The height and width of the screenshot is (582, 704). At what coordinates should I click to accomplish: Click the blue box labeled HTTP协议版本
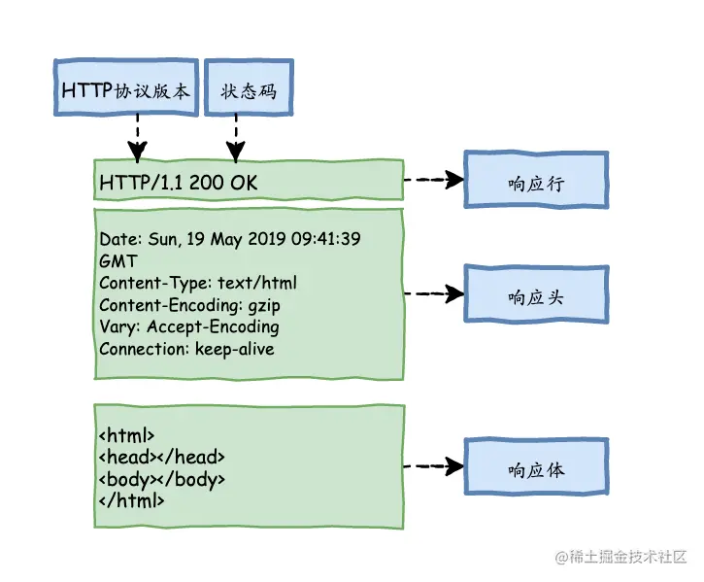coord(125,89)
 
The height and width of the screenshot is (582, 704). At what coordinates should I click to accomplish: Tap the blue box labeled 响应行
coord(535,181)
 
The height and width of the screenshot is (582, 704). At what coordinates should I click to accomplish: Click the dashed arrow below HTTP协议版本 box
coord(138,137)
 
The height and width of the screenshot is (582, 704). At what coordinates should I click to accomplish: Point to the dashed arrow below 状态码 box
coord(234,137)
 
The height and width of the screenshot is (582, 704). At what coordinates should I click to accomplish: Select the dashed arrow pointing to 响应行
coord(432,180)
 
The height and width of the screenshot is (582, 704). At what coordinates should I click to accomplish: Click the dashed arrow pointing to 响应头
coord(432,292)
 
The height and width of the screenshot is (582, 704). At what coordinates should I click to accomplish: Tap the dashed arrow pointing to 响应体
coord(432,466)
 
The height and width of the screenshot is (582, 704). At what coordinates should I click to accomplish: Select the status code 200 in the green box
coord(207,183)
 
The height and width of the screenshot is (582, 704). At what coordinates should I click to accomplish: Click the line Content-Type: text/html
coord(198,284)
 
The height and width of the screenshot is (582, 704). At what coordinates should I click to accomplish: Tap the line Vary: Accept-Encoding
coord(188,326)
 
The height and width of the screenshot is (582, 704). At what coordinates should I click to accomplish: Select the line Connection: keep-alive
coord(186,348)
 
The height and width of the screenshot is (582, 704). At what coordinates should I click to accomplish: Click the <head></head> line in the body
coord(161,457)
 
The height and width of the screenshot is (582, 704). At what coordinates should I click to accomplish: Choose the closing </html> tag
coord(131,500)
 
